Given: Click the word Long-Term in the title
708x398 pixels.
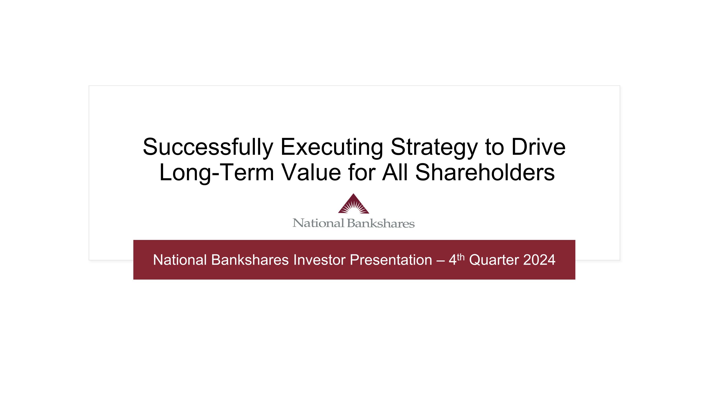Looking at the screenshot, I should (217, 172).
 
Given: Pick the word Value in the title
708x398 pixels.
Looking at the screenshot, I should (311, 172).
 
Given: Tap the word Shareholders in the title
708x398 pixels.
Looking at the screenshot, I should (485, 172).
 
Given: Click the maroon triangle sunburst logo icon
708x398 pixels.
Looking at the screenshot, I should (354, 204).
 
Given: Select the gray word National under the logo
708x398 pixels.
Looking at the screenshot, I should (318, 223).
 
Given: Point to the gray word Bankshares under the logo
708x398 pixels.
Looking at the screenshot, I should (381, 223).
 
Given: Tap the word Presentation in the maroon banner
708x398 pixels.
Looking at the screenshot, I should (391, 260).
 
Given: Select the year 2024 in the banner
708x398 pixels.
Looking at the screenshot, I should (539, 260).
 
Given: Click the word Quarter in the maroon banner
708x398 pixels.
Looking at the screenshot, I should (494, 260).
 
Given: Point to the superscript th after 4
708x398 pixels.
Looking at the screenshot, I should (461, 257).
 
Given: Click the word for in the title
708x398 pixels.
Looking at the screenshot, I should (362, 172).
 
